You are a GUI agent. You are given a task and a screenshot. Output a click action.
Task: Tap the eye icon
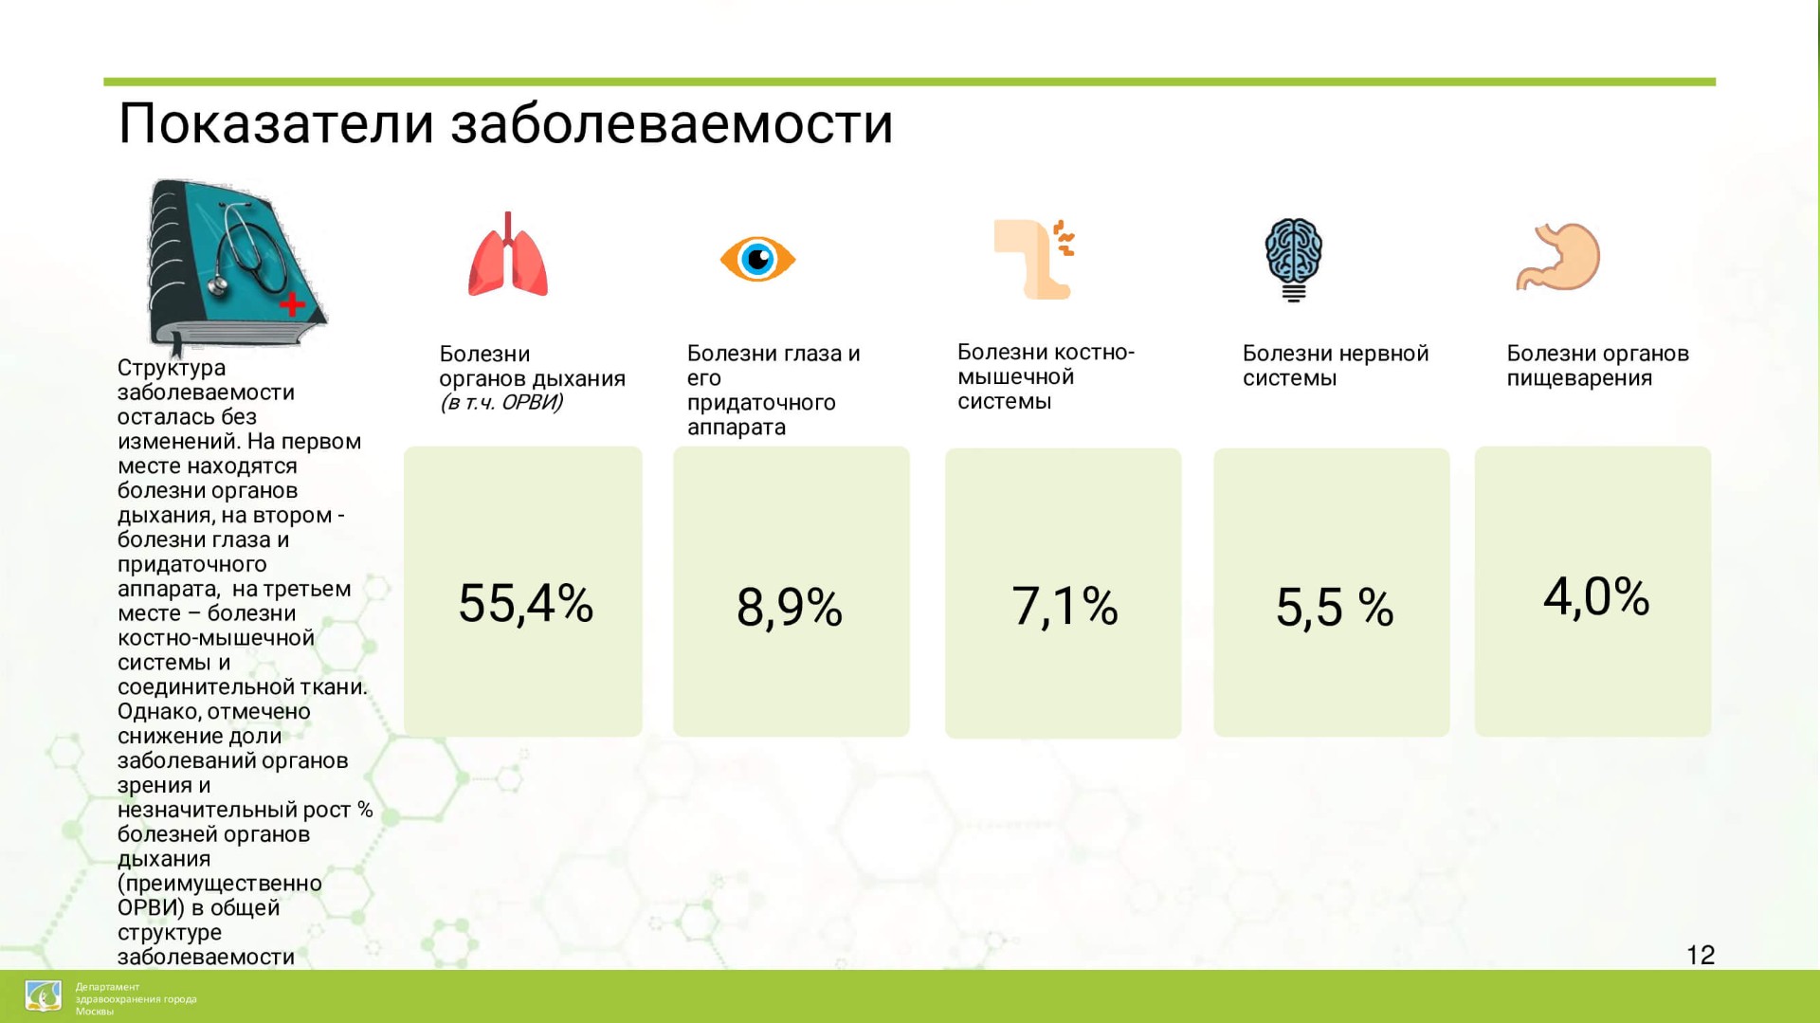tap(757, 259)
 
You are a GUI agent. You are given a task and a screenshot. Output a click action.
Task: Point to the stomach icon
tap(1557, 256)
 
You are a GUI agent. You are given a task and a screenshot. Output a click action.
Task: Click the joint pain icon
tap(1034, 259)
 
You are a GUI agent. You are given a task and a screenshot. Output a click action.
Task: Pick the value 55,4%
tap(526, 603)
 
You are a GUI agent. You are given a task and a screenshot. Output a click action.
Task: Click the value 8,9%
tap(790, 608)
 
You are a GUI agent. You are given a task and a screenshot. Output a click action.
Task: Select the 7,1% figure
tap(1065, 607)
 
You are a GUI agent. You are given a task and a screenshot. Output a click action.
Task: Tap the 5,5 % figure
tap(1335, 608)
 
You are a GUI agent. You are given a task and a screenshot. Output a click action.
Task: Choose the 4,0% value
tap(1596, 597)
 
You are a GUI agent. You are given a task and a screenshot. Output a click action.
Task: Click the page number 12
tap(1701, 955)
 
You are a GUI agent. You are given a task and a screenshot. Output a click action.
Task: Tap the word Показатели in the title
tap(276, 123)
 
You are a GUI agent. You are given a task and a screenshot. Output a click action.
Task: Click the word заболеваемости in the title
tap(672, 124)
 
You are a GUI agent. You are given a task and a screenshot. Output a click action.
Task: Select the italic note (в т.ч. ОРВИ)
tap(501, 403)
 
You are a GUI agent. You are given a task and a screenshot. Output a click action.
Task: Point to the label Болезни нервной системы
tap(1336, 366)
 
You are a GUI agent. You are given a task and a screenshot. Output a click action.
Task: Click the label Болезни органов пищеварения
tap(1598, 366)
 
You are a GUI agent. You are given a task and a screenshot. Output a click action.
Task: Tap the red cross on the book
tap(292, 303)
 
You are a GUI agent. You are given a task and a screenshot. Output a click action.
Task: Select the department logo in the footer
tap(44, 996)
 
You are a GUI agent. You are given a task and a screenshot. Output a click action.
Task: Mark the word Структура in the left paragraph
tap(172, 368)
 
